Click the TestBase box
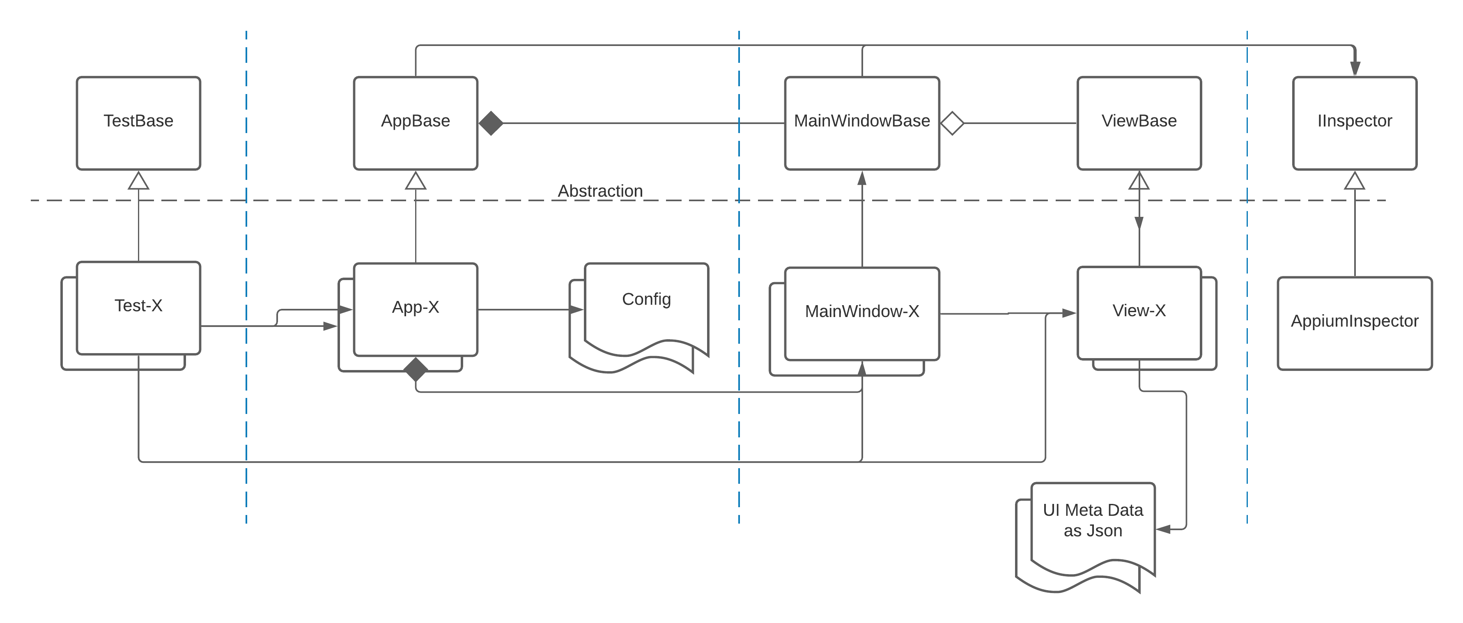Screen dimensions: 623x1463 (138, 123)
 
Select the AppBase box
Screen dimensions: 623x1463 (415, 123)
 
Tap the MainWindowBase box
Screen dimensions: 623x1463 (861, 123)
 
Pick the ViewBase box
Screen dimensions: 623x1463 (1139, 123)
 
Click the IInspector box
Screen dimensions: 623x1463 (1355, 123)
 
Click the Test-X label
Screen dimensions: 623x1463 (138, 306)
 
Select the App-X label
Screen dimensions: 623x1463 (415, 307)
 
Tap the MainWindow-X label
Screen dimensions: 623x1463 (861, 311)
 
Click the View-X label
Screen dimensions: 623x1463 (1139, 310)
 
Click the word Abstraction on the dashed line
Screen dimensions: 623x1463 (600, 191)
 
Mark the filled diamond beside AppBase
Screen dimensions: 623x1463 (491, 123)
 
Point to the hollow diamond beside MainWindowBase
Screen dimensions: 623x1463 (953, 123)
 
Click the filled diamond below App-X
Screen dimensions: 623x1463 (416, 370)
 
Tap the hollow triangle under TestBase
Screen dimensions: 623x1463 (138, 181)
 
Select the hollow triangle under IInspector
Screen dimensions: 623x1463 (1355, 181)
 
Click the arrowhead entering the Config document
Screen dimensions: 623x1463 (576, 310)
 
